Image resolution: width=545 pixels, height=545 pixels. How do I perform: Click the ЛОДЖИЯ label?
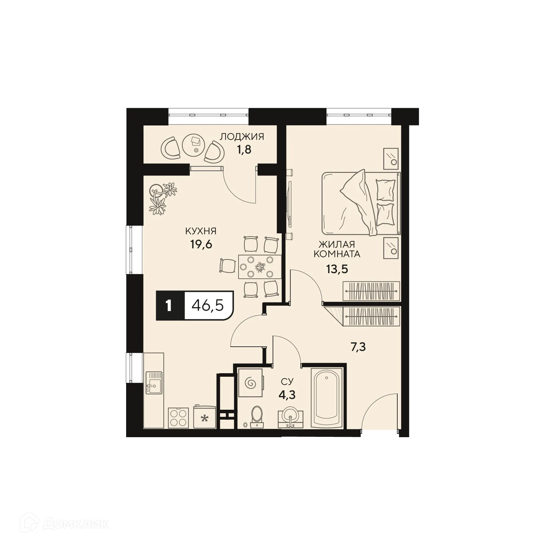point(242,137)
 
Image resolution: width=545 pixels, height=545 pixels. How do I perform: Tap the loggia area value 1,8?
point(244,151)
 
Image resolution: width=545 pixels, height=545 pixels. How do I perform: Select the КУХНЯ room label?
point(201,231)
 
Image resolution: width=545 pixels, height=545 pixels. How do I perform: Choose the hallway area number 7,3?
point(358,347)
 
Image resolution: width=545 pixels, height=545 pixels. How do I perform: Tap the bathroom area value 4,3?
point(287,395)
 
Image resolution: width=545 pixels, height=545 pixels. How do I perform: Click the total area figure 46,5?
point(208,306)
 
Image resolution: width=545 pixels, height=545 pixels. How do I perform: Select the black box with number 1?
point(169,306)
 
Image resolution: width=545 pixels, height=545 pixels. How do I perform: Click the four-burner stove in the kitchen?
point(178,418)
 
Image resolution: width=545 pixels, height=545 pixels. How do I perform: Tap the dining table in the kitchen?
point(260,267)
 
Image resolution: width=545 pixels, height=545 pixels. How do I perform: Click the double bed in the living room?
point(361,204)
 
